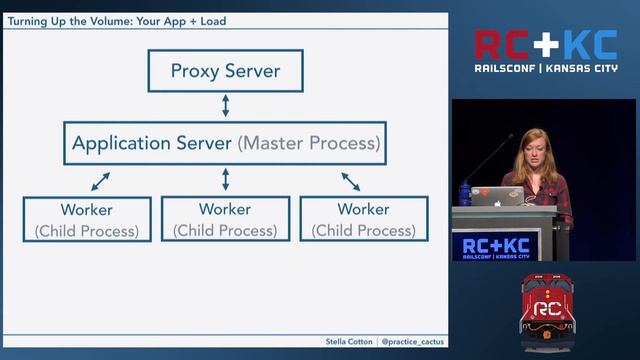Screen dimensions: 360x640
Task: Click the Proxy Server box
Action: pos(225,71)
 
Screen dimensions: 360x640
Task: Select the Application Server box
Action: pos(225,143)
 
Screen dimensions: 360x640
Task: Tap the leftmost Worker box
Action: pos(86,219)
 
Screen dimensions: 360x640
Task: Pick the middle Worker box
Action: pos(225,219)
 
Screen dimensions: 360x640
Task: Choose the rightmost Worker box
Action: pos(363,219)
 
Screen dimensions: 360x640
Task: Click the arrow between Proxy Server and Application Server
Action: pos(226,106)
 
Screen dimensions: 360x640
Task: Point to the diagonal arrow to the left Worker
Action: pos(100,181)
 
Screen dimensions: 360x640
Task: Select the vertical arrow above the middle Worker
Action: pos(226,180)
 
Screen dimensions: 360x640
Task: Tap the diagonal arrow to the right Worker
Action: pos(351,181)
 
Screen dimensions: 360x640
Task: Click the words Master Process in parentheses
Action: pos(309,143)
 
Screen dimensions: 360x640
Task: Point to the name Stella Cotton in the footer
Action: pos(348,342)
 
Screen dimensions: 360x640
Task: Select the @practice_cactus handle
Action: pos(413,342)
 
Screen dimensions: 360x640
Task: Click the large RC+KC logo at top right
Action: pos(545,45)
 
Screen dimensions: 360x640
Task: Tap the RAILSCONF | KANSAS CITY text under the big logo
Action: pos(545,70)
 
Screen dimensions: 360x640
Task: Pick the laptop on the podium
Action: pos(497,195)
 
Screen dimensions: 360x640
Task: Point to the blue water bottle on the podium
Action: pos(465,192)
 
